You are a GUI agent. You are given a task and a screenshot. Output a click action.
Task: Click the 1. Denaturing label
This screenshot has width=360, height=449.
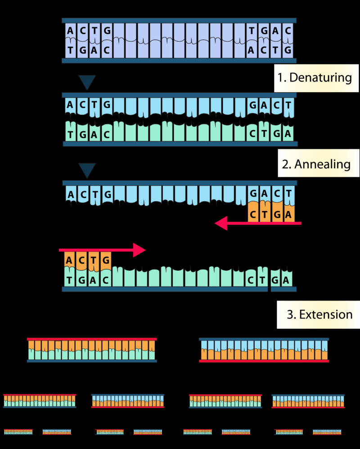314,77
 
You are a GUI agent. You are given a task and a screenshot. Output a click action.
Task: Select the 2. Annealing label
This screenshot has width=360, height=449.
316,164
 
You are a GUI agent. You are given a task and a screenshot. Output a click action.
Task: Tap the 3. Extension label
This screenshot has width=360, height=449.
319,314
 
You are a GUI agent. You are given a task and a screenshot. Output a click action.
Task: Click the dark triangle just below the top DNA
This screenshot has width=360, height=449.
87,82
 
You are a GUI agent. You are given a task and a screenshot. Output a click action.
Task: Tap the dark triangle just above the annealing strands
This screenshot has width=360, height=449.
87,170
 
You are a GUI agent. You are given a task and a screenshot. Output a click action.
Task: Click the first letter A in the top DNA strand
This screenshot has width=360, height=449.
71,31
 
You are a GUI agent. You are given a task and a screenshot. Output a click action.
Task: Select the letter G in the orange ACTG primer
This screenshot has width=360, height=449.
106,260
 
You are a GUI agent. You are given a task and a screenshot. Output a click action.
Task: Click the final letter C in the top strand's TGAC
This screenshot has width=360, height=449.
288,31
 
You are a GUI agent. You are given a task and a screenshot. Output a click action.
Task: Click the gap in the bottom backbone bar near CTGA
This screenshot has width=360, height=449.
269,289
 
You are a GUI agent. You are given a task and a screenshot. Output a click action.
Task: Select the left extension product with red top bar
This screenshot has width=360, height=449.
92,350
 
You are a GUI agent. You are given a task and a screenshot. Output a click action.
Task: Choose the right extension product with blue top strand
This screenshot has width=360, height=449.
264,350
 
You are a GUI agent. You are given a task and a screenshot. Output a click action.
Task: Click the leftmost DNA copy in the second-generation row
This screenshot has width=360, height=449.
40,401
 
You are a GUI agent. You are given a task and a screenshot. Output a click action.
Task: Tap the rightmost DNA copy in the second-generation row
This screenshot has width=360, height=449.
308,401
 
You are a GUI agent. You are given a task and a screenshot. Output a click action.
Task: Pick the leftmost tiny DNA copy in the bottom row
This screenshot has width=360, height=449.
18,432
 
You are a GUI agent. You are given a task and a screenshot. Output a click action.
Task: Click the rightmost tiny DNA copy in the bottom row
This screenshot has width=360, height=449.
327,432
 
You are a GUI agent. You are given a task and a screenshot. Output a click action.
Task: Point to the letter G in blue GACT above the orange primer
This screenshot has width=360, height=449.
253,193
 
